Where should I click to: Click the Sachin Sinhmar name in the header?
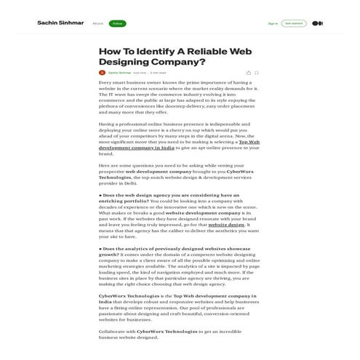pyautogui.click(x=60, y=23)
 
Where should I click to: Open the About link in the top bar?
pyautogui.click(x=97, y=23)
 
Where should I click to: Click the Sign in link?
pyautogui.click(x=273, y=23)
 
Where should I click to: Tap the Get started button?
pyautogui.click(x=294, y=23)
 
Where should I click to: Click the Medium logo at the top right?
pyautogui.click(x=317, y=23)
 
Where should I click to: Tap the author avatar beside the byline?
pyautogui.click(x=102, y=73)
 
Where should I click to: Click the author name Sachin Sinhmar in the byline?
pyautogui.click(x=119, y=73)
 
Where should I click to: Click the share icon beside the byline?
pyautogui.click(x=248, y=73)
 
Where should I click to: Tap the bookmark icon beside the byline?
pyautogui.click(x=257, y=73)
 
